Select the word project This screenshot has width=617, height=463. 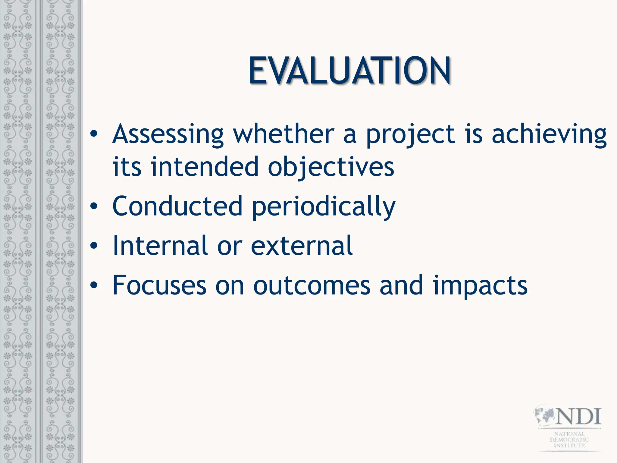(410, 135)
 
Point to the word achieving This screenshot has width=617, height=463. (549, 135)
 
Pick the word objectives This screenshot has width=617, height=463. (331, 168)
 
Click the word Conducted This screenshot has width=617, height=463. (177, 206)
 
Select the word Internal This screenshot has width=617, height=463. (160, 246)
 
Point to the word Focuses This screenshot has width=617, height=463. (159, 285)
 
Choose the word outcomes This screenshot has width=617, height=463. (312, 286)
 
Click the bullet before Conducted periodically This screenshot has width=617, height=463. (94, 206)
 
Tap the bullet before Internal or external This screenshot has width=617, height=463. (94, 246)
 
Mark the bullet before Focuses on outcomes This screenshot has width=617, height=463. (94, 285)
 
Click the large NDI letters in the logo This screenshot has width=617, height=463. (578, 417)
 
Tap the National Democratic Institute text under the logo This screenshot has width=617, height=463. (569, 439)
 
